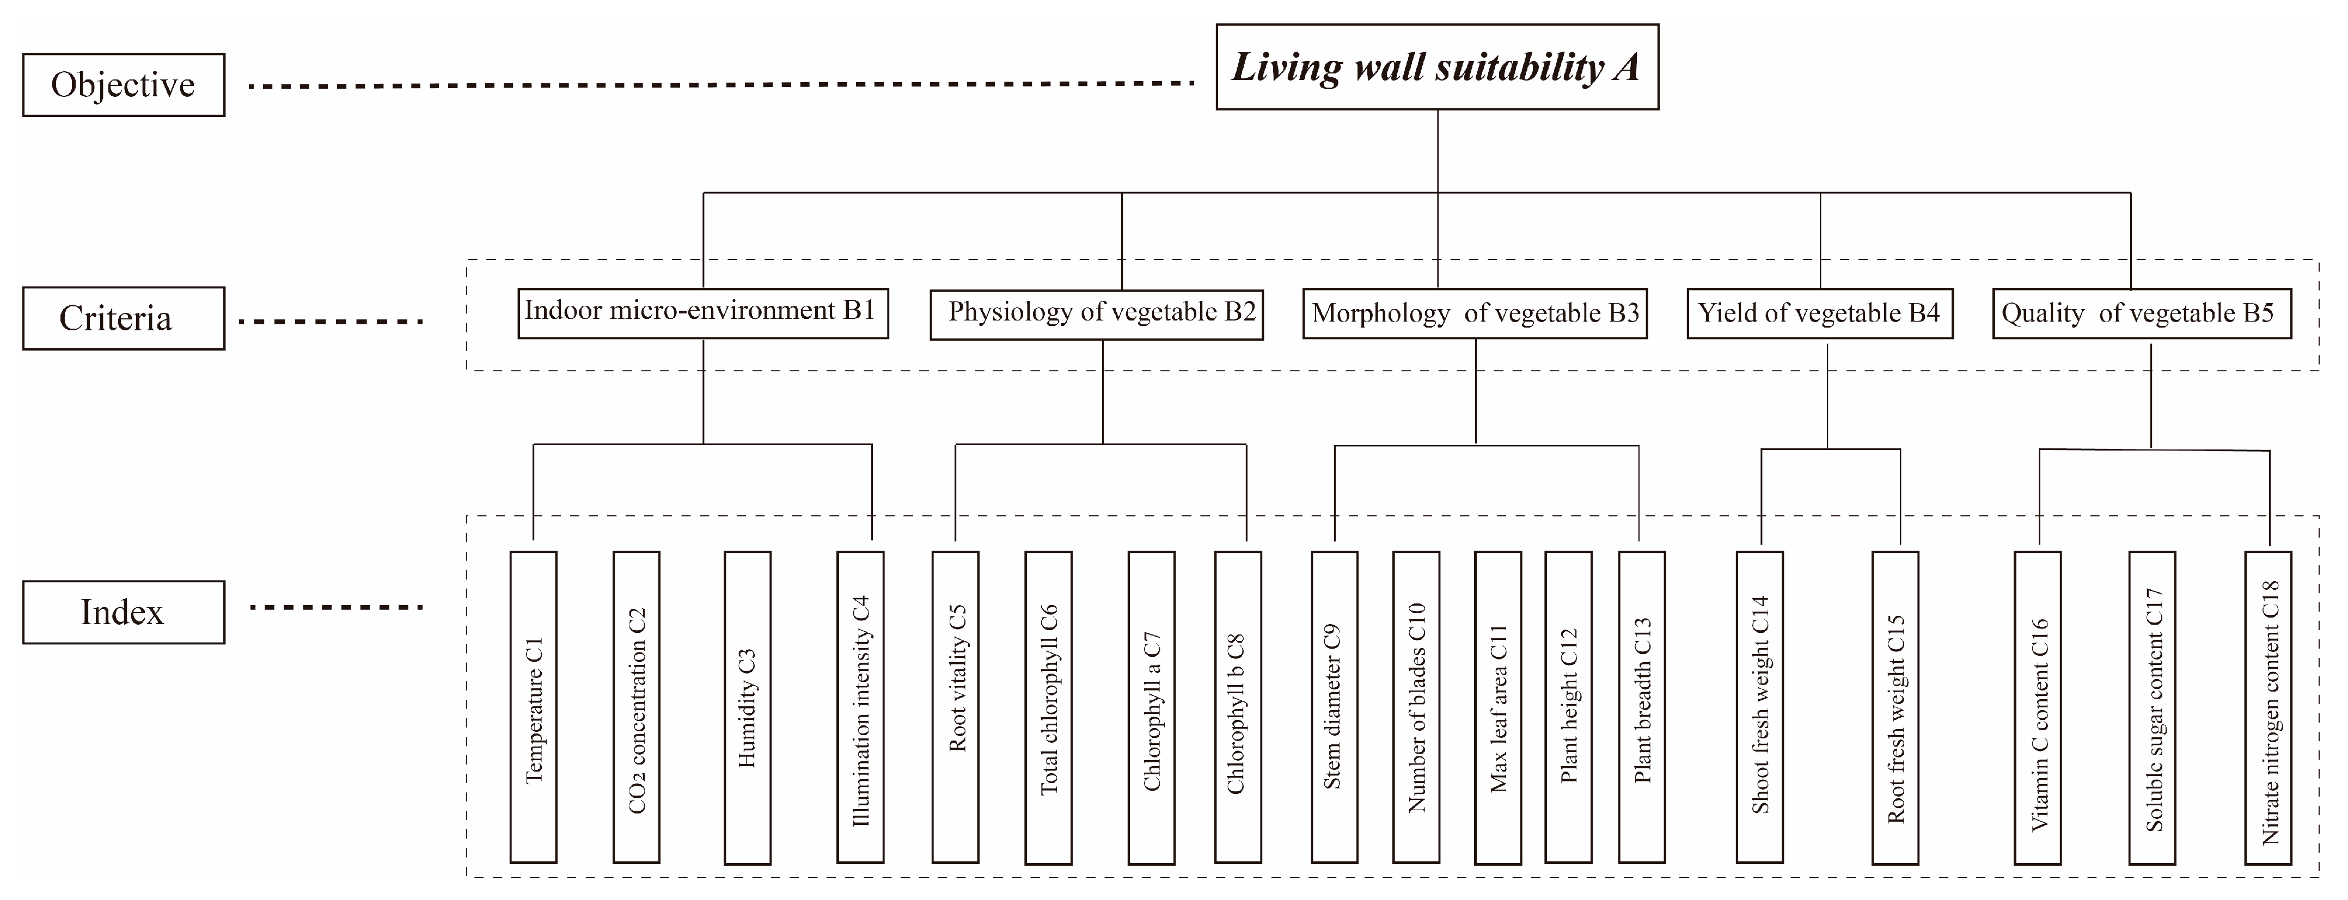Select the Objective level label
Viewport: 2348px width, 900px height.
(x=123, y=85)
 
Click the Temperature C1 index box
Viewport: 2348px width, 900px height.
(x=533, y=707)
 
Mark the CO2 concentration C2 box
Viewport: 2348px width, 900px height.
(x=636, y=707)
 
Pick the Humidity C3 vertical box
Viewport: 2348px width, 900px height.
(x=748, y=707)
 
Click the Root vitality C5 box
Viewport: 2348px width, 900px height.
(x=955, y=707)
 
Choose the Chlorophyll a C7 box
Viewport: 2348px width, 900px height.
(x=1151, y=707)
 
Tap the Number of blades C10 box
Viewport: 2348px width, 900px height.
(x=1416, y=707)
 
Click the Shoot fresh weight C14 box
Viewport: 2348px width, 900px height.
(x=1760, y=707)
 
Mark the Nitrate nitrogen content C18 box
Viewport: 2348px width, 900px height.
(x=2268, y=707)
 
